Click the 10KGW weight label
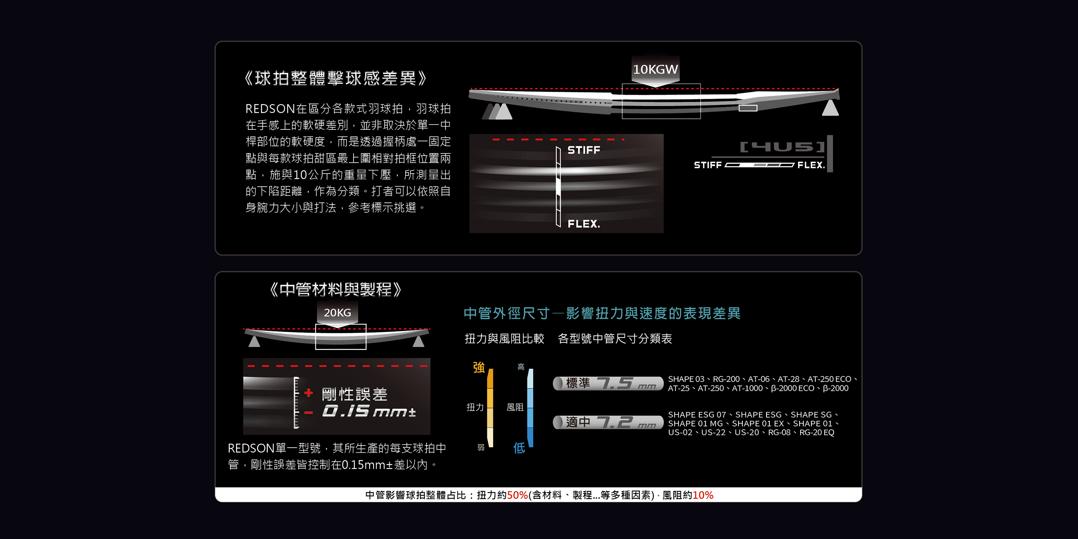pos(655,69)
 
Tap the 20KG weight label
pos(337,313)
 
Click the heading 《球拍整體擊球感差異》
pos(335,78)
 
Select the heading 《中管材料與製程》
pos(335,289)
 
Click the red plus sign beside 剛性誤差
pos(308,393)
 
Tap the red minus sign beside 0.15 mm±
pos(308,413)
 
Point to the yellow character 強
pos(479,368)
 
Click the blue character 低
pos(519,448)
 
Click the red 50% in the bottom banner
pos(517,495)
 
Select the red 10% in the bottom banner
pos(702,495)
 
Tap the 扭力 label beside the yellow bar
pos(475,407)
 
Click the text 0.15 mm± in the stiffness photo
pos(369,411)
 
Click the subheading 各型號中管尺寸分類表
pos(615,338)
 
